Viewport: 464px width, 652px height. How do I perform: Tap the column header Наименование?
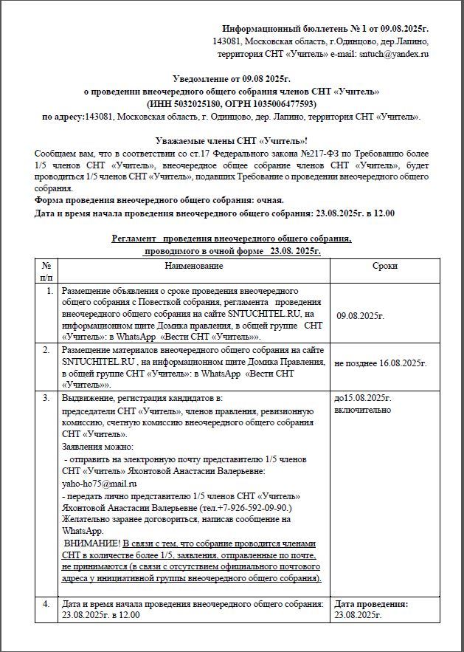click(x=194, y=266)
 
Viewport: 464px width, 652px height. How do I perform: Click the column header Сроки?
click(x=384, y=266)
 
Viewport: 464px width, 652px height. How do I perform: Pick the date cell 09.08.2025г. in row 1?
click(x=361, y=316)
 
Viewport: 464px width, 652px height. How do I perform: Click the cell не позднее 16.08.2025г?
click(x=381, y=363)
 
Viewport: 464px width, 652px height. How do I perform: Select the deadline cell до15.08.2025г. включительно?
click(x=364, y=404)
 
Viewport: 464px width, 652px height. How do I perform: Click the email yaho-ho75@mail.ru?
click(x=96, y=483)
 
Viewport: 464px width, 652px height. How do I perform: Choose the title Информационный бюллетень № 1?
click(x=284, y=27)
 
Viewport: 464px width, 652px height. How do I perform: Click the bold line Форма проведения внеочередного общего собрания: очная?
click(x=159, y=200)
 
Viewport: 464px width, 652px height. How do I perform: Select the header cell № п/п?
click(x=46, y=271)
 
